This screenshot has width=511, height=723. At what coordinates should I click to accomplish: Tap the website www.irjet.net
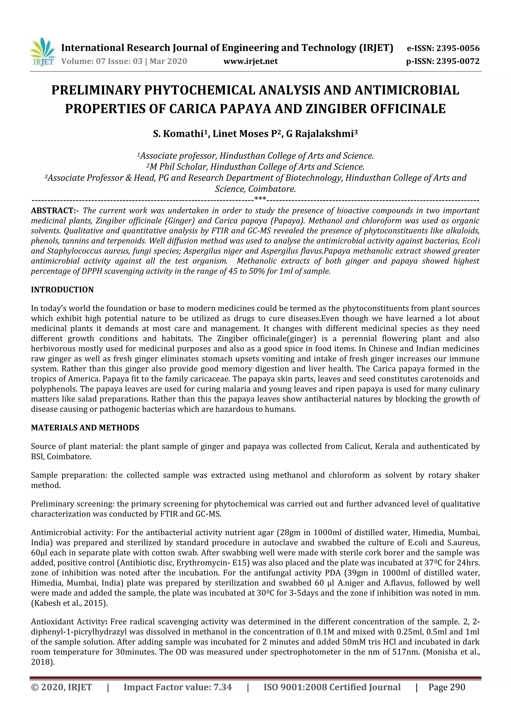251,61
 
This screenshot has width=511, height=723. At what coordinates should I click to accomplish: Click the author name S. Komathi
178,134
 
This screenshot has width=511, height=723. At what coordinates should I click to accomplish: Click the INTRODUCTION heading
62,290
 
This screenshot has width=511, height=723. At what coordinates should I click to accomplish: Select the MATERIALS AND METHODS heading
85,428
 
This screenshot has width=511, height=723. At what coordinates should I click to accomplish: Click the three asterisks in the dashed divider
260,199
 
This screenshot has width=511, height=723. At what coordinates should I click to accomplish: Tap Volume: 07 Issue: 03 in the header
102,61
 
